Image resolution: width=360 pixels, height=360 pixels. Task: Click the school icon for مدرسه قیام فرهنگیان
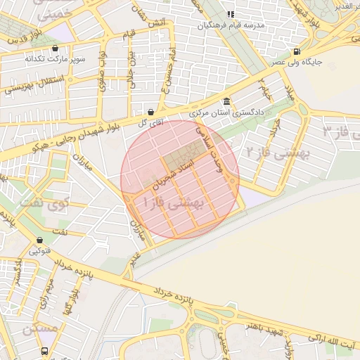pos(230,15)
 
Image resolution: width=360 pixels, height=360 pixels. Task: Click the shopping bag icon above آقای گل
pos(150,111)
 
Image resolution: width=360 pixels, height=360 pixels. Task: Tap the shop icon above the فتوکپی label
pos(35,239)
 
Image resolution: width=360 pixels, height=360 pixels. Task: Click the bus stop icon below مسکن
pos(45,350)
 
